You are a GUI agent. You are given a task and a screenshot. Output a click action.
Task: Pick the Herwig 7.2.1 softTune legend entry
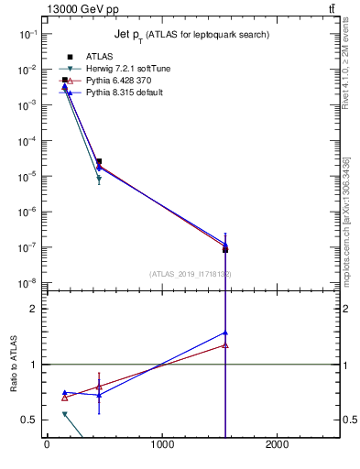pyautogui.click(x=110, y=69)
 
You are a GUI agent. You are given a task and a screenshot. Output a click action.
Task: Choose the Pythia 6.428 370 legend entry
pyautogui.click(x=108, y=81)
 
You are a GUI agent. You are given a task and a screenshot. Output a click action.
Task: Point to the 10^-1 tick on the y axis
pyautogui.click(x=27, y=34)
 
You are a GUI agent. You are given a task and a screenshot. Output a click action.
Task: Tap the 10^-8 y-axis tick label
pyautogui.click(x=27, y=283)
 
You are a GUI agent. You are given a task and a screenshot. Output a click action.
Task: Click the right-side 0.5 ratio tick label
pyautogui.click(x=348, y=420)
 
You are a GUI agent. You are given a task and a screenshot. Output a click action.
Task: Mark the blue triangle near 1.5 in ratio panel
pyautogui.click(x=224, y=333)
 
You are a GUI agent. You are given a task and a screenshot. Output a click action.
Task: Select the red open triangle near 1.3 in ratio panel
pyautogui.click(x=224, y=345)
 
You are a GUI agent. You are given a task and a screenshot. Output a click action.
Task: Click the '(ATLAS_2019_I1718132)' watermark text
pyautogui.click(x=190, y=274)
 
